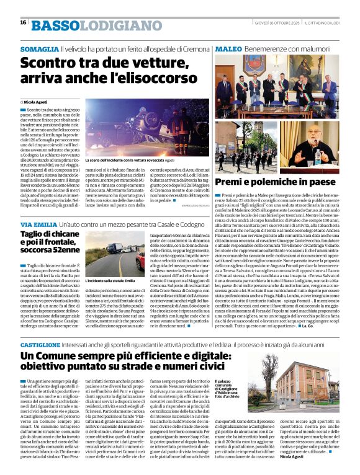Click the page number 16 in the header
pyautogui.click(x=23, y=22)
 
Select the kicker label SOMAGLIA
pyautogui.click(x=39, y=48)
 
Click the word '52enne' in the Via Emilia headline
pyautogui.click(x=62, y=251)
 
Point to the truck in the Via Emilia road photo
pyautogui.click(x=115, y=251)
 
